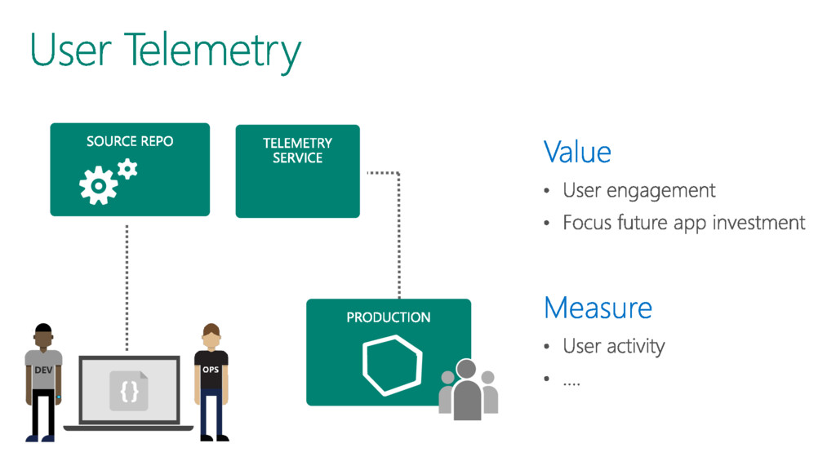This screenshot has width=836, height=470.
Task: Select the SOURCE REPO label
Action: pos(130,141)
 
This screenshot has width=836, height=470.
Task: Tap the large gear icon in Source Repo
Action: pos(97,187)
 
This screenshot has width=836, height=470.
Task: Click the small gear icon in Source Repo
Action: pos(127,169)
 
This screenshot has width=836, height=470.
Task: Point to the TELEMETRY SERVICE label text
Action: pos(297,150)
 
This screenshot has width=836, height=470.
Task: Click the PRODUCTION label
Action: pos(388,317)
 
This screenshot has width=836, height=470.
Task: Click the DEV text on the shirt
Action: pos(43,370)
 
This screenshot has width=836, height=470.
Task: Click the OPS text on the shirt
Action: pos(211,369)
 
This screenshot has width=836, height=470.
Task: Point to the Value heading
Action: pos(577,153)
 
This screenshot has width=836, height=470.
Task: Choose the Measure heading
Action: pos(598,308)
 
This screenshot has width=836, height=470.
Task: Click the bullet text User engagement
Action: pos(638,191)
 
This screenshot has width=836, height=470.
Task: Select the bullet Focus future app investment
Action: pos(683,222)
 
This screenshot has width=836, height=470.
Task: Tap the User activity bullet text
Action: pos(613,346)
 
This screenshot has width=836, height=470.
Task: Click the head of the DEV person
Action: pos(42,335)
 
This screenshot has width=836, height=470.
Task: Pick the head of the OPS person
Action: pos(211,335)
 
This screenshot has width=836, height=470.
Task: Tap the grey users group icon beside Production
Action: pos(468,389)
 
